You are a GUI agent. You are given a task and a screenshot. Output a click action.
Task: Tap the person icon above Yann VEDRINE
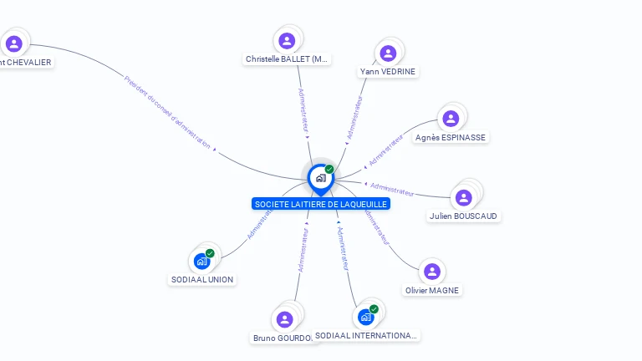tap(388, 53)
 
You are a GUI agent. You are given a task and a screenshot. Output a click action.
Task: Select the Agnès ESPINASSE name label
tap(451, 137)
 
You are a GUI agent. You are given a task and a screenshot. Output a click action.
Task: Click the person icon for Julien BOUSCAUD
tap(464, 197)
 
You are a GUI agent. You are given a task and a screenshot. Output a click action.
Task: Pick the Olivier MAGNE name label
tap(432, 290)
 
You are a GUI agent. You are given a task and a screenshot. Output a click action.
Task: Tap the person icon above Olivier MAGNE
tap(432, 271)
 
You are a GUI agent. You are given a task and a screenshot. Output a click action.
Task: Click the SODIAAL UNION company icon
tap(201, 261)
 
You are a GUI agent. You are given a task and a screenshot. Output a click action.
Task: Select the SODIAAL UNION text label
tap(201, 279)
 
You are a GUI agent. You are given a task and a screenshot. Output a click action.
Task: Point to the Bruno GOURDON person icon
tap(284, 319)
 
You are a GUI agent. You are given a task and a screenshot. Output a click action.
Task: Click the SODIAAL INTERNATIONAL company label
tap(365, 335)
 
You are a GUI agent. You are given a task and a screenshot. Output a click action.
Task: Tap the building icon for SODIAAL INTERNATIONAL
tap(365, 317)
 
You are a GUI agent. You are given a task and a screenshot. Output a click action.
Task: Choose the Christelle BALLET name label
tap(288, 59)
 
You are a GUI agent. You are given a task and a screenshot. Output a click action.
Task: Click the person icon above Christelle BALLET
tap(287, 40)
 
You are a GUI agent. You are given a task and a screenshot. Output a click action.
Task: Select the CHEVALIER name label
tap(26, 62)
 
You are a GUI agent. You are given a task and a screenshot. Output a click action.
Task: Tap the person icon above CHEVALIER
tap(13, 43)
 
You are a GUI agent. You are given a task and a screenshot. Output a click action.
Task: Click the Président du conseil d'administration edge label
tap(167, 113)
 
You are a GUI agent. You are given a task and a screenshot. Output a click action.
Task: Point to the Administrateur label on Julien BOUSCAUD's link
tap(391, 190)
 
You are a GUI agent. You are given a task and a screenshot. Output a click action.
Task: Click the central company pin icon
tap(320, 178)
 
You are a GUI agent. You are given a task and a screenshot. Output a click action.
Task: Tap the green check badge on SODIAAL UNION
tap(210, 253)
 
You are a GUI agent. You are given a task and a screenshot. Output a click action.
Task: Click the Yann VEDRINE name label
tap(388, 71)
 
